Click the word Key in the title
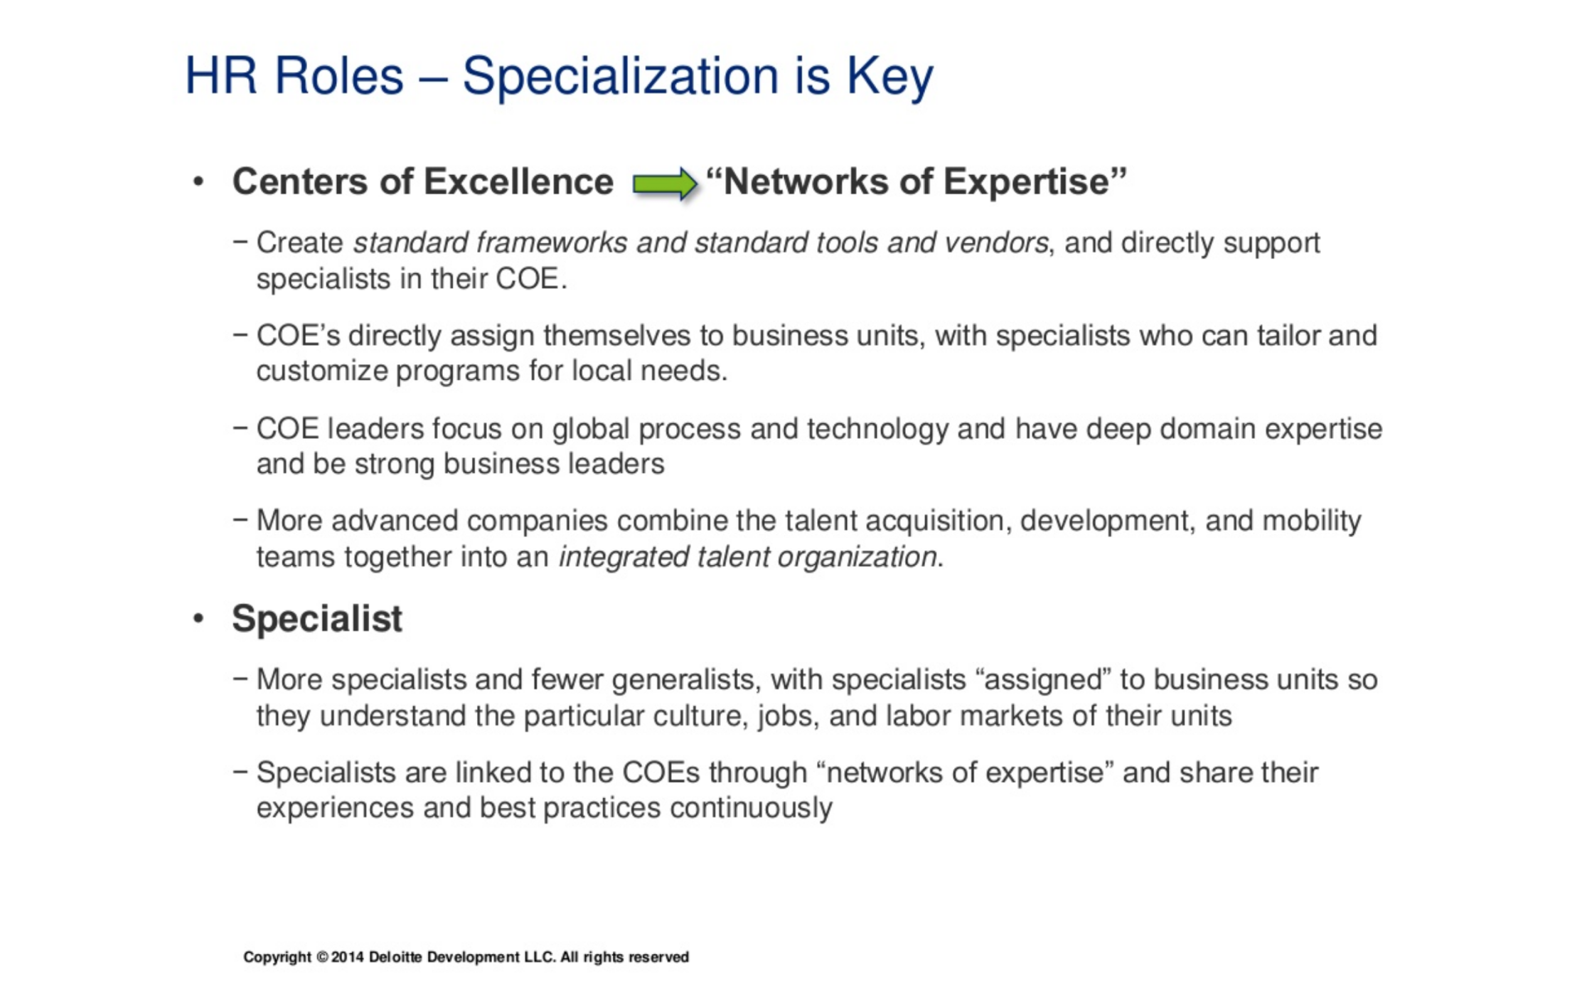[889, 77]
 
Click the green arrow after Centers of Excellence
[665, 184]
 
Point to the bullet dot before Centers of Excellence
[198, 182]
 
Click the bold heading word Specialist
[317, 618]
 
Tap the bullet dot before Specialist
[198, 619]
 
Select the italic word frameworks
[552, 243]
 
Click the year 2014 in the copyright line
[348, 957]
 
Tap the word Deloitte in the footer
[395, 957]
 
